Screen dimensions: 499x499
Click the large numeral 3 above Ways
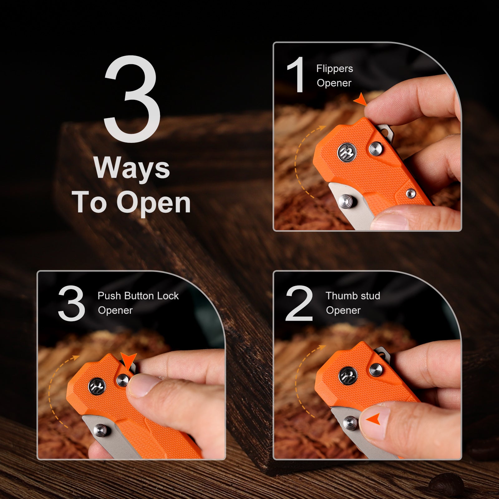pos(132,99)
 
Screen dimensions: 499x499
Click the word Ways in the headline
pos(132,168)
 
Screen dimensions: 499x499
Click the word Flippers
pos(335,69)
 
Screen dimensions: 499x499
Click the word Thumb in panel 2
pos(341,296)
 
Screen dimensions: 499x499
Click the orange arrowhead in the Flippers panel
pos(361,99)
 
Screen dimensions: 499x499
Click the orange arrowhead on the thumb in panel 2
pos(374,419)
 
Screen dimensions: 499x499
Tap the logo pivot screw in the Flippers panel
pos(347,152)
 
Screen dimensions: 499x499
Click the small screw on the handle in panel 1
pos(410,193)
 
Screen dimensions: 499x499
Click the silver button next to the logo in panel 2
pos(376,370)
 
